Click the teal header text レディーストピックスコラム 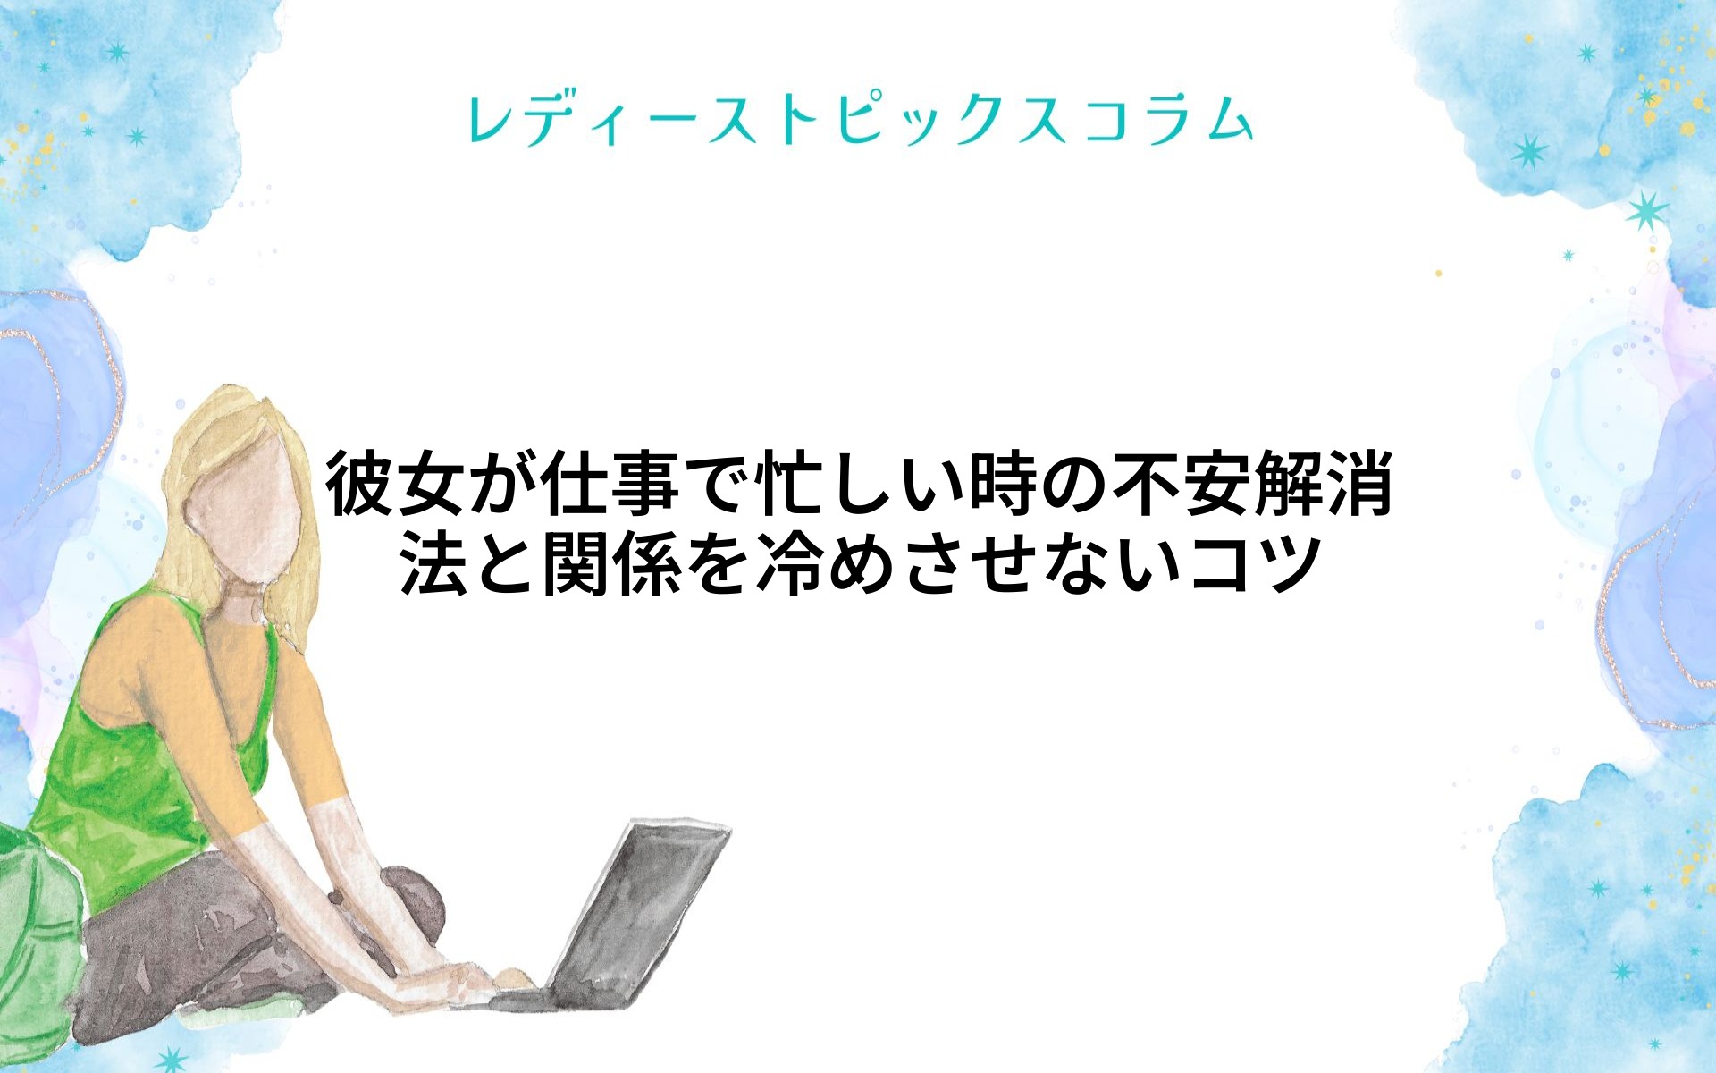click(x=860, y=121)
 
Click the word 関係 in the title click(x=611, y=563)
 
